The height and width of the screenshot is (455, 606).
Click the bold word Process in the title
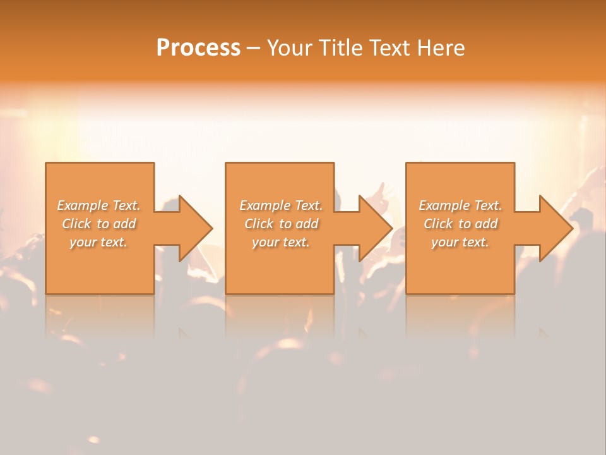pyautogui.click(x=198, y=47)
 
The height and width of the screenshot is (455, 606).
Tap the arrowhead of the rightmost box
pyautogui.click(x=555, y=228)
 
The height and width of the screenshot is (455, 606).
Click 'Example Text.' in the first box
pyautogui.click(x=98, y=205)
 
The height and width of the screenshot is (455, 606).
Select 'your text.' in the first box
pyautogui.click(x=98, y=242)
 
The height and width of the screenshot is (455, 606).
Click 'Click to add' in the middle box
pyautogui.click(x=281, y=224)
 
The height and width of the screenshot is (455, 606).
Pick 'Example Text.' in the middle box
pyautogui.click(x=281, y=205)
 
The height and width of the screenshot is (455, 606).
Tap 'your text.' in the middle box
pyautogui.click(x=281, y=242)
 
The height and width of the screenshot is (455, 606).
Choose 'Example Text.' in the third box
pyautogui.click(x=460, y=205)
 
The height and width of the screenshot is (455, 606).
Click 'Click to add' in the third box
pyautogui.click(x=460, y=224)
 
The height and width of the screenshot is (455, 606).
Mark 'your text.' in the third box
pyautogui.click(x=460, y=242)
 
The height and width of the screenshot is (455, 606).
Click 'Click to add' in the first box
pyautogui.click(x=98, y=224)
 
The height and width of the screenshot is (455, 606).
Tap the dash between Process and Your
pyautogui.click(x=254, y=49)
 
